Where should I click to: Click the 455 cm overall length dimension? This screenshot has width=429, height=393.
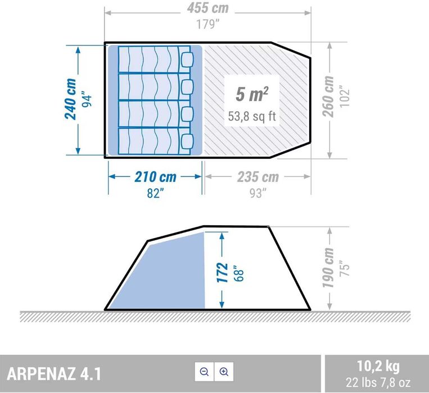207,9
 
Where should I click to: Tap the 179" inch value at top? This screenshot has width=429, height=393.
207,25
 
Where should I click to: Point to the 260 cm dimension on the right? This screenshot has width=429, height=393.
329,97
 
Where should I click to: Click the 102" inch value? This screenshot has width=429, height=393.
345,97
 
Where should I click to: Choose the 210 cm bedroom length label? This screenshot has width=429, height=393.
155,177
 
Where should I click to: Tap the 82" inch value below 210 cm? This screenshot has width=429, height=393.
155,193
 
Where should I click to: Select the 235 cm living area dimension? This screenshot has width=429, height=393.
257,177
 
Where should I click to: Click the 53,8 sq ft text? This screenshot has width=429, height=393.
251,116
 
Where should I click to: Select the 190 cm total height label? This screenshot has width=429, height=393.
329,268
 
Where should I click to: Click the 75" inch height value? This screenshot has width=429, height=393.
345,268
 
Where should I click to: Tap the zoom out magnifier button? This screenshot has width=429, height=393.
204,372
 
